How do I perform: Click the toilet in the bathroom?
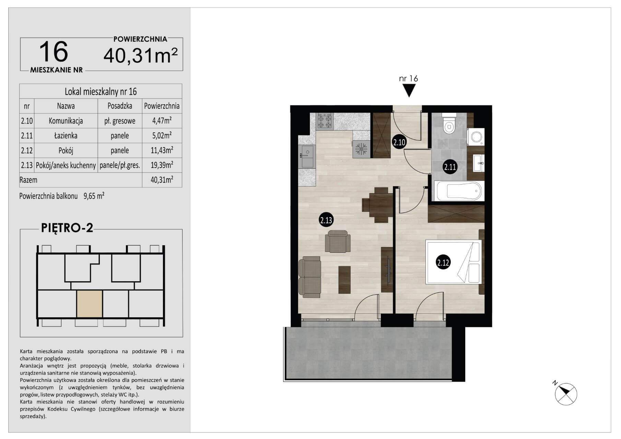coord(449,125)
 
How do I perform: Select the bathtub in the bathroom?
coord(459,191)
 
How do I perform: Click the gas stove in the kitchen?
coord(325,121)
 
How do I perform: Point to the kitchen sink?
coord(308,156)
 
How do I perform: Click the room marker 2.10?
coord(399,142)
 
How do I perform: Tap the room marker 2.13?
coord(326,219)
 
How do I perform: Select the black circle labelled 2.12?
coord(443,263)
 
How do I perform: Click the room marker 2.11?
coord(450,167)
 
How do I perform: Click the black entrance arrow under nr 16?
coord(409,91)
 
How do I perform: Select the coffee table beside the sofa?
coord(345,280)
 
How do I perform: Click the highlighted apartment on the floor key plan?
coord(90,304)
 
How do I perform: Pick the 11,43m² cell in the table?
coord(162,150)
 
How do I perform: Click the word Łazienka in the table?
coord(66,135)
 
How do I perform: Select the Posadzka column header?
coord(120,106)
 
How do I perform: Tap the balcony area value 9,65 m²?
coord(94,196)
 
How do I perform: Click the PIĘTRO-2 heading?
coord(67,228)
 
